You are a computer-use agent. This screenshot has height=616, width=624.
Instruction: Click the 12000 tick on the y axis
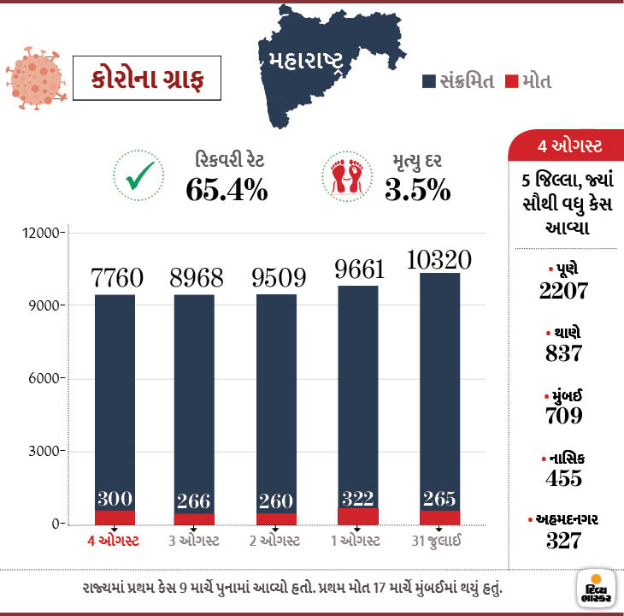[41, 233]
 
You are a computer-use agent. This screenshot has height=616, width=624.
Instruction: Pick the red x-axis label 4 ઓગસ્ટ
[114, 541]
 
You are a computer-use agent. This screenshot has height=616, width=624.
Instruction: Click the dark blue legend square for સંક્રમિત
[430, 81]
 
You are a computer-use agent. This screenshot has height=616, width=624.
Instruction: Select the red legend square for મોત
[513, 81]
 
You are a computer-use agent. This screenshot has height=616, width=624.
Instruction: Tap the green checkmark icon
[138, 176]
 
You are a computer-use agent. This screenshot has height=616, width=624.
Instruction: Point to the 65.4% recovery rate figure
[227, 190]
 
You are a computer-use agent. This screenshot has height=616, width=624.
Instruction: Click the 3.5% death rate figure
[417, 190]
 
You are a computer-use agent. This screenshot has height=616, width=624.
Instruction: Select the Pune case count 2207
[564, 290]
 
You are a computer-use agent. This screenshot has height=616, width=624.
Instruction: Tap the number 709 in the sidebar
[564, 416]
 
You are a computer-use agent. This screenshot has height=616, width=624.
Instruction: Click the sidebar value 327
[564, 541]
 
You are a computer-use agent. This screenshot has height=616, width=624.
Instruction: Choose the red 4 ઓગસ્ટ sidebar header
[565, 146]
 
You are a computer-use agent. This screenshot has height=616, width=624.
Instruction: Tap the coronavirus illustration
[34, 78]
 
